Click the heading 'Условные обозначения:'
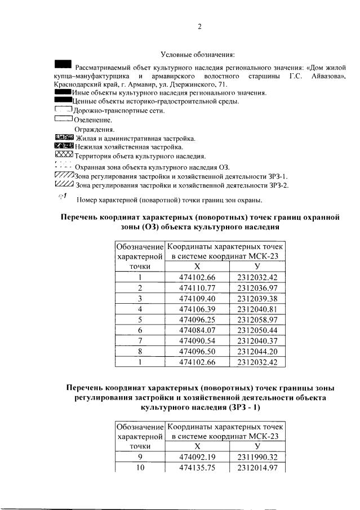click(198, 55)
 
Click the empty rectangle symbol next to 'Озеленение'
click(63, 119)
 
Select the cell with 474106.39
click(197, 309)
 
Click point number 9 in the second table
click(139, 457)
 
